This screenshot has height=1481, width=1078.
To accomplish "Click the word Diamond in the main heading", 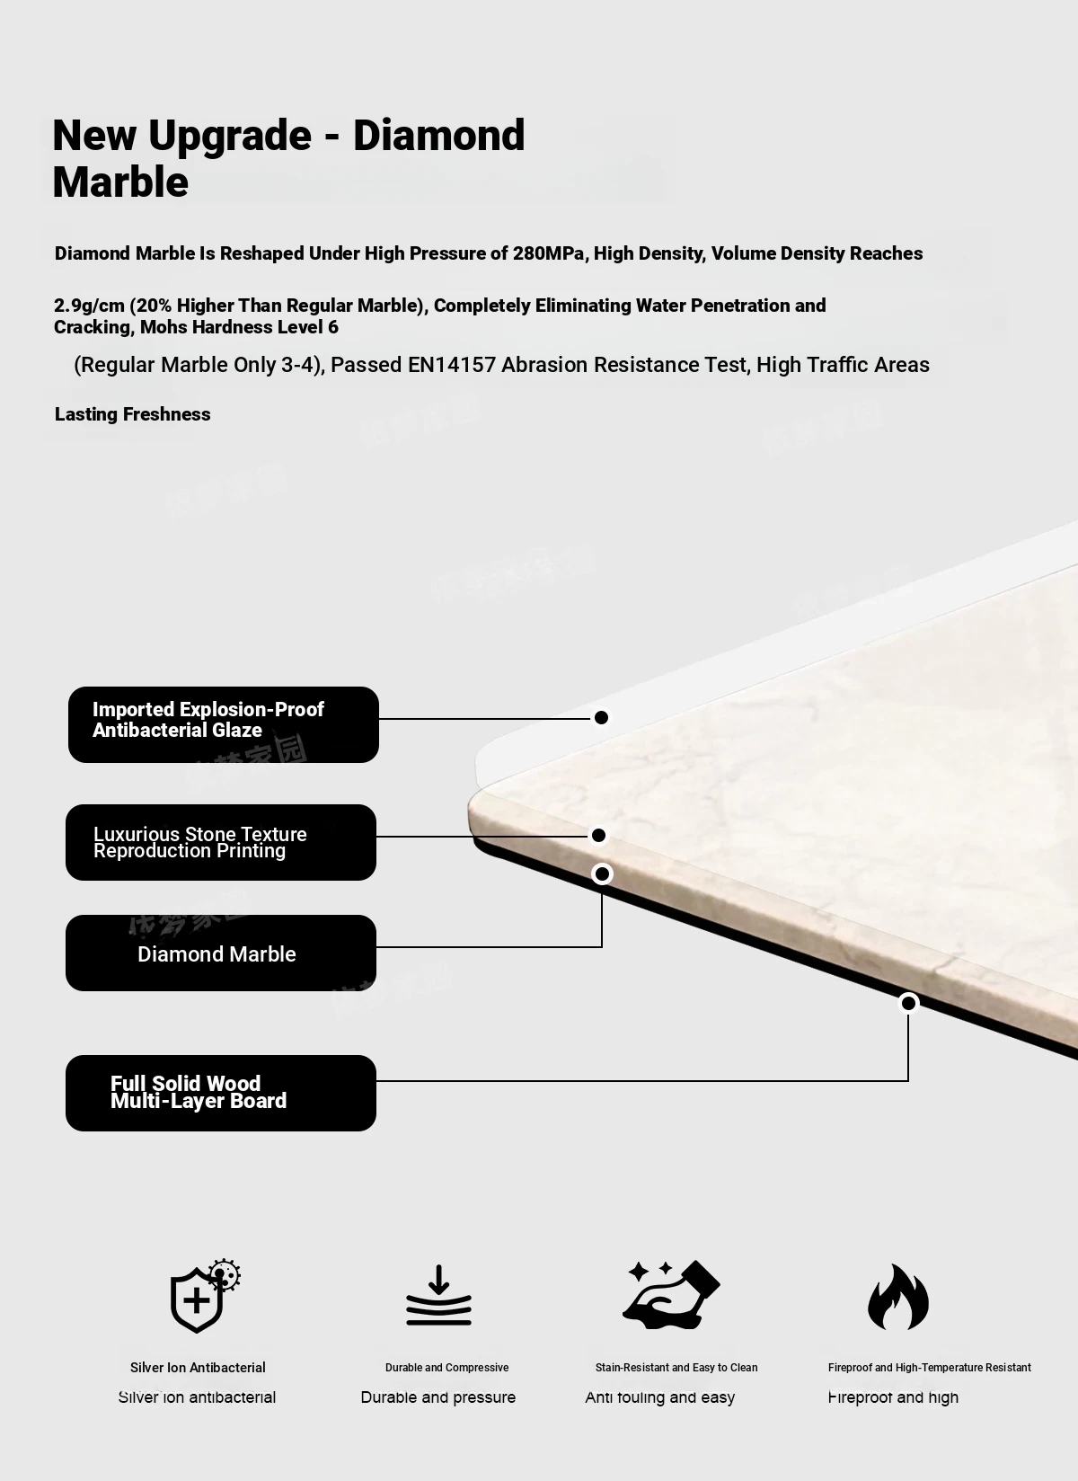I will [x=438, y=136].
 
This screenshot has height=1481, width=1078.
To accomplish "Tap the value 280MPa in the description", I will [x=548, y=253].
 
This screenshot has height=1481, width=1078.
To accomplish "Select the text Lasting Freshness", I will [x=133, y=414].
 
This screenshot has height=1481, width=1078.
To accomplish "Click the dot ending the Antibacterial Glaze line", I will [x=602, y=717].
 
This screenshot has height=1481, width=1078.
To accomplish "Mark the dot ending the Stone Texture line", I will [x=598, y=836].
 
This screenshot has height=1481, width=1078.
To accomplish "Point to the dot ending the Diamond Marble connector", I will [x=602, y=874].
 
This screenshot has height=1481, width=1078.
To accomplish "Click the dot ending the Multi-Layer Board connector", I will [x=908, y=1003].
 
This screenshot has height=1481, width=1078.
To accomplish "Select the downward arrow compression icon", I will [x=438, y=1296].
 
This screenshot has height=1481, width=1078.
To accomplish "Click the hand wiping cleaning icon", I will [x=672, y=1295].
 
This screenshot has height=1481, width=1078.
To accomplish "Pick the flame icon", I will [x=898, y=1297].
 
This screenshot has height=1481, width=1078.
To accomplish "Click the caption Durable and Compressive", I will [x=446, y=1368].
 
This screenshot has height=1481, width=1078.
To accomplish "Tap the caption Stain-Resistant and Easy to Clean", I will [x=676, y=1368].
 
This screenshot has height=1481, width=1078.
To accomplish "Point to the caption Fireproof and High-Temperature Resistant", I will [x=929, y=1368].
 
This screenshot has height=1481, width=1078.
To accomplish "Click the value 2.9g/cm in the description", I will [x=89, y=306].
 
